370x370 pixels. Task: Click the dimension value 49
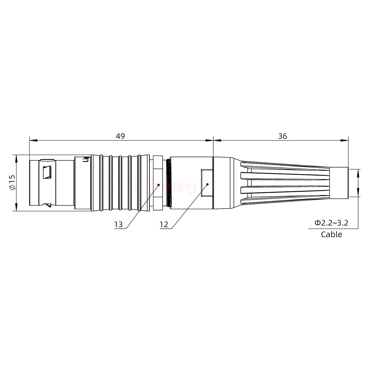120,136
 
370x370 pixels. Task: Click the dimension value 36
282,136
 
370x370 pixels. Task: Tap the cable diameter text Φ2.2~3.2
331,223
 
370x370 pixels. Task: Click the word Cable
331,234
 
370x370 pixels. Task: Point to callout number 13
118,225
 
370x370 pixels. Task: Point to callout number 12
164,225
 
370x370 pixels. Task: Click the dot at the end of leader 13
159,185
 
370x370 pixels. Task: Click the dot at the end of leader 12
207,184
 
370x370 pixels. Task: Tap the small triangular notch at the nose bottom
48,205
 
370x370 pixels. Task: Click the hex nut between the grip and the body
158,183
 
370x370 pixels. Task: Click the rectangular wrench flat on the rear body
207,183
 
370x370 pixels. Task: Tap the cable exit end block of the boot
339,183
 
